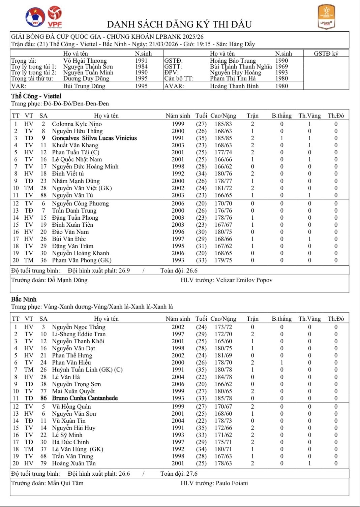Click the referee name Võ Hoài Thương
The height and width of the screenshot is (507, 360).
pos(85,61)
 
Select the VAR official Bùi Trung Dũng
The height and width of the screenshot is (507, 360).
pos(84,86)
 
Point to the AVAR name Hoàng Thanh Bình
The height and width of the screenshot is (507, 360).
pos(234,86)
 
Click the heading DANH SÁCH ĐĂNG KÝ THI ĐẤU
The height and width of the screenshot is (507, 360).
pos(179,24)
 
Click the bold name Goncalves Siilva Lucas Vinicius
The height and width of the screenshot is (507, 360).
pos(94,138)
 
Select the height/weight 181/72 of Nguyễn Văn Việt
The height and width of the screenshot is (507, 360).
pos(223,188)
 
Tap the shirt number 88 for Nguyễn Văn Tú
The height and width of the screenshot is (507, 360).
pos(43,195)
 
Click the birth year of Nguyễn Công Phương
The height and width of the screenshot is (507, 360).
pos(178,203)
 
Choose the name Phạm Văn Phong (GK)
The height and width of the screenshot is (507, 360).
pos(82,260)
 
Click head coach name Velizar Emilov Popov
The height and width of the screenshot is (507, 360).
pos(244,280)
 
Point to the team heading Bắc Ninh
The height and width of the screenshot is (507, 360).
pos(24,299)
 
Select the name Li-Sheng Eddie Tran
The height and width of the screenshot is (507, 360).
pos(79,334)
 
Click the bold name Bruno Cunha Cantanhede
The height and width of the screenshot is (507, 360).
pos(85,398)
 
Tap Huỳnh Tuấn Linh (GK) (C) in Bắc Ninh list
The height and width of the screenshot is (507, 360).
pos(87,370)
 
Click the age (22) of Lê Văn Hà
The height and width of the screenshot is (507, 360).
pos(201,377)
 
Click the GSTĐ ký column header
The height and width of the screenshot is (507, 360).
pos(326,54)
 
